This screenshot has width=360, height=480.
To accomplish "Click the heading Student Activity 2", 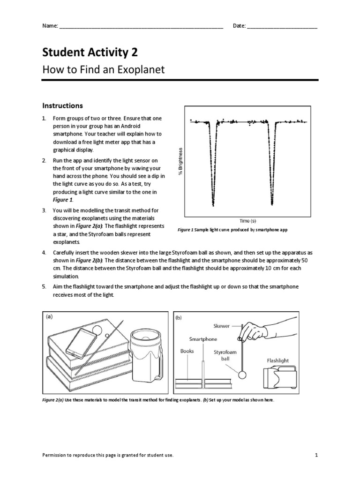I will click(x=90, y=52).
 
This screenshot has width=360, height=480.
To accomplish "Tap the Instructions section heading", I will click(x=63, y=105).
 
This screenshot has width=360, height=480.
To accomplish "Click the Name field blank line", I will click(x=141, y=27).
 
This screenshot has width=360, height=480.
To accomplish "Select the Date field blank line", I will click(x=282, y=27).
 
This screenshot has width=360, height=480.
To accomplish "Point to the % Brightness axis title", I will click(x=180, y=162).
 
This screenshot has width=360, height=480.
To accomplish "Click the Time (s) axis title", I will click(x=248, y=220).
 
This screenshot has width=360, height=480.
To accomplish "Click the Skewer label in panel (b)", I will click(x=222, y=326).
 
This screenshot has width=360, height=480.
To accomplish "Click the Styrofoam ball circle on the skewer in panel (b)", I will click(x=242, y=375).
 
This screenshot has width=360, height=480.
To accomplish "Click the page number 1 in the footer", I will click(x=317, y=455).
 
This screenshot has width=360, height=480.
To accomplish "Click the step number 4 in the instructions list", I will click(x=44, y=252).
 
